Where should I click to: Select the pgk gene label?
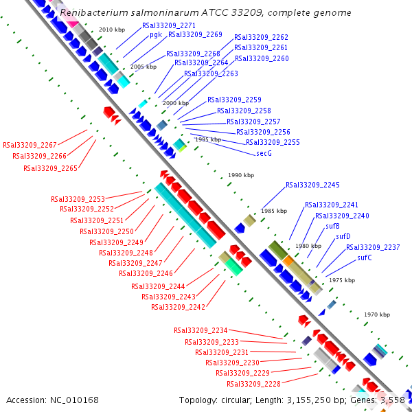[x=155, y=34]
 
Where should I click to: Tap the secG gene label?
[x=264, y=152]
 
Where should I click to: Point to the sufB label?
[x=333, y=226]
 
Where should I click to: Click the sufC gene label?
[x=365, y=257]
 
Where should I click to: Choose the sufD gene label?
[x=343, y=236]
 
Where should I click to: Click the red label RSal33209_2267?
[x=30, y=146]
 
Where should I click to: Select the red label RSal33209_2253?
[x=78, y=199]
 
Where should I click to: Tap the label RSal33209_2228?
[x=253, y=383]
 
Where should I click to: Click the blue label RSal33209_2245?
[x=312, y=185]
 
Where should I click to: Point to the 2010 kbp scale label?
[x=112, y=30]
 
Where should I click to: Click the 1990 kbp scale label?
[x=241, y=175]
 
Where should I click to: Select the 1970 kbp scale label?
[x=376, y=314]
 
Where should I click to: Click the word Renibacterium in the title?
[x=91, y=12]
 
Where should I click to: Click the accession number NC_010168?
[x=75, y=400]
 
